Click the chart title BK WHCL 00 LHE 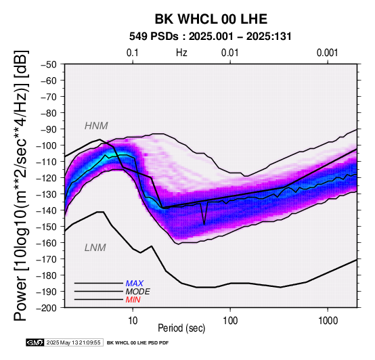[x=211, y=19]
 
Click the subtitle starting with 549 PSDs [x=211, y=37]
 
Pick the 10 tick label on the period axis [x=133, y=321]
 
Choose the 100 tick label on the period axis [x=230, y=321]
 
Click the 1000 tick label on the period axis [x=328, y=321]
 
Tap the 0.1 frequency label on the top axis [x=133, y=53]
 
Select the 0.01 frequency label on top [x=230, y=53]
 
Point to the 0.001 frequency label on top [x=327, y=53]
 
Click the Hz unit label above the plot [x=181, y=53]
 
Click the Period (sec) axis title [x=181, y=328]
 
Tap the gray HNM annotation [x=96, y=126]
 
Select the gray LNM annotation [x=95, y=248]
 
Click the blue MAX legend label [x=135, y=284]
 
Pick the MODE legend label [x=138, y=292]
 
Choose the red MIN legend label [x=133, y=300]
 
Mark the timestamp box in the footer [x=74, y=342]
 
